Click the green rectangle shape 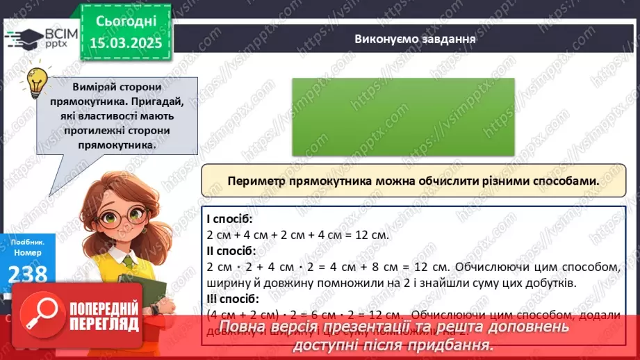coord(403,116)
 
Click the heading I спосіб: coord(230,218)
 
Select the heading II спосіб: coord(232,250)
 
